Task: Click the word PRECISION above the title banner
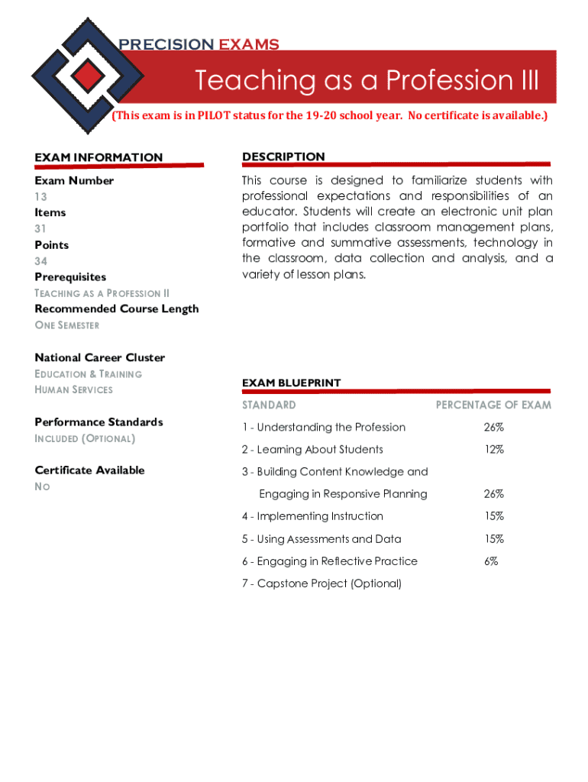click(x=166, y=44)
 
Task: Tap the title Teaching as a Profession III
click(x=367, y=79)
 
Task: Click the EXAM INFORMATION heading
click(x=99, y=157)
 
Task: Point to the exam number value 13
click(x=41, y=196)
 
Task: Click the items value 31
click(x=41, y=228)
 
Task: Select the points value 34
click(x=41, y=261)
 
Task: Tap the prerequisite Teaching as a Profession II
click(x=102, y=293)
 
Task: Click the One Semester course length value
click(x=67, y=325)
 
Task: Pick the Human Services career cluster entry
click(x=73, y=389)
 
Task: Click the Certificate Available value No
click(x=42, y=486)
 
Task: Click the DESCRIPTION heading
click(x=283, y=157)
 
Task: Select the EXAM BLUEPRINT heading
click(x=291, y=383)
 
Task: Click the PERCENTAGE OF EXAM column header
click(x=493, y=405)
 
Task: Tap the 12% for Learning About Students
click(x=493, y=450)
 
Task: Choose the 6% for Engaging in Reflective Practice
click(x=491, y=561)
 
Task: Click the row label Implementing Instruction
click(x=312, y=516)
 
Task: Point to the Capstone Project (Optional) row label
click(x=321, y=583)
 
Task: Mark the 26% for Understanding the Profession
click(x=493, y=428)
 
